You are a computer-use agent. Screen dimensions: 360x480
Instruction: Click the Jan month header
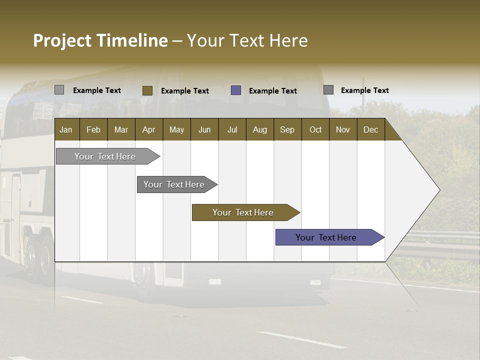(66, 129)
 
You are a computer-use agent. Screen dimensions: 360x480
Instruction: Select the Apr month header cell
(149, 129)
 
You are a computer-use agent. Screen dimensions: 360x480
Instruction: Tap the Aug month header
(260, 129)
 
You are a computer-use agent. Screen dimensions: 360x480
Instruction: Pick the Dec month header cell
(371, 129)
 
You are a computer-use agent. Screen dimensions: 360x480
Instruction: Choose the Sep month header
(287, 129)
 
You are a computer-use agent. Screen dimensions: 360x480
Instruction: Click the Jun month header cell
(204, 129)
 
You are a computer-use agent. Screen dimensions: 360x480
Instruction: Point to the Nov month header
(343, 129)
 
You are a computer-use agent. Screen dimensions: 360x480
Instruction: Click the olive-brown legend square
(147, 90)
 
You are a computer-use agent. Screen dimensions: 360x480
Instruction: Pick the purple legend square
(236, 90)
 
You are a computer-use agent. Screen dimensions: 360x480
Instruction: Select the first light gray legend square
(59, 90)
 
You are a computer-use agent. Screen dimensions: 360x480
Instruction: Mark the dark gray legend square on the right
(328, 90)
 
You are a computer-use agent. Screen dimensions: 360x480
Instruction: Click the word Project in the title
(62, 40)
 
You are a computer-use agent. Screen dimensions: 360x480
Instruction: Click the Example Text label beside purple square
(273, 91)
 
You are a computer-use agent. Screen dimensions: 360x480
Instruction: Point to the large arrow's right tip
(438, 190)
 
